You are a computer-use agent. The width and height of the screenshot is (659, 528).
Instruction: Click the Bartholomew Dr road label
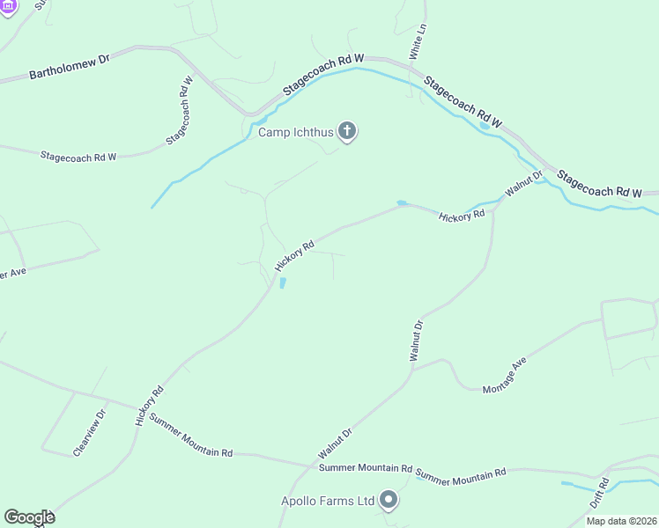(x=69, y=68)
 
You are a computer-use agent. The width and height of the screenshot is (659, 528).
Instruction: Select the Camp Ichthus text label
(x=296, y=133)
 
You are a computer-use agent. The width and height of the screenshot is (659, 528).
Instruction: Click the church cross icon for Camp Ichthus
(x=348, y=133)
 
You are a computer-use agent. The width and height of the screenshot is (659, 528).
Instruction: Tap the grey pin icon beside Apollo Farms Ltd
(x=389, y=502)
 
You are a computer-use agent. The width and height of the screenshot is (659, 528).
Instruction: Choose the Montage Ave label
(x=506, y=375)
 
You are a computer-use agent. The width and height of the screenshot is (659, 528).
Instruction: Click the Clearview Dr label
(x=90, y=432)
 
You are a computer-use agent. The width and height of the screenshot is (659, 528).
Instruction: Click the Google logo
(x=29, y=517)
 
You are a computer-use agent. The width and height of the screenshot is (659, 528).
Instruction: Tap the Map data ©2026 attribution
(x=621, y=521)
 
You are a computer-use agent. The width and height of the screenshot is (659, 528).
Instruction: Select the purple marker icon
(x=9, y=6)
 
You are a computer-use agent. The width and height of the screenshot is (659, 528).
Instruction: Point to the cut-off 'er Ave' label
(x=14, y=273)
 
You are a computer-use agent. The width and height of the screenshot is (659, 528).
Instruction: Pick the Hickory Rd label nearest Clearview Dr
(x=150, y=406)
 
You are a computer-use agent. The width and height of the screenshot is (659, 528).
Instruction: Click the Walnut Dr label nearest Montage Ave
(x=417, y=341)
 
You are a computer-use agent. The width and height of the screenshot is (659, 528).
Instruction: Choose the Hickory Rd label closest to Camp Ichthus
(x=294, y=256)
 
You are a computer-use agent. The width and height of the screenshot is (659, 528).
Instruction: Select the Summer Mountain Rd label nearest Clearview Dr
(x=191, y=436)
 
